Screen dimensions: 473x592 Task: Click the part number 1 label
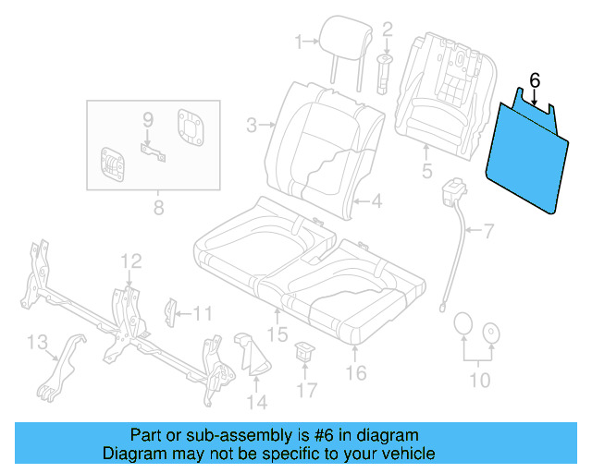coord(299,41)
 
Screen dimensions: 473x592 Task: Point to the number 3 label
coord(251,124)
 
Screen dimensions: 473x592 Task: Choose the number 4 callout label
coord(376,200)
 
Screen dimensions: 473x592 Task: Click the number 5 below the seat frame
coord(426,171)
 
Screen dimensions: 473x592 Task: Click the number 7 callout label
coord(489,228)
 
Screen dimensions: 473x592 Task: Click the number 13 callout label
coord(37,344)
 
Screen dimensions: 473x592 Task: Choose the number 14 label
coord(256,402)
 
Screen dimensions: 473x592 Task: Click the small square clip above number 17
coord(303,351)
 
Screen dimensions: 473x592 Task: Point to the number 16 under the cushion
coord(355,372)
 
